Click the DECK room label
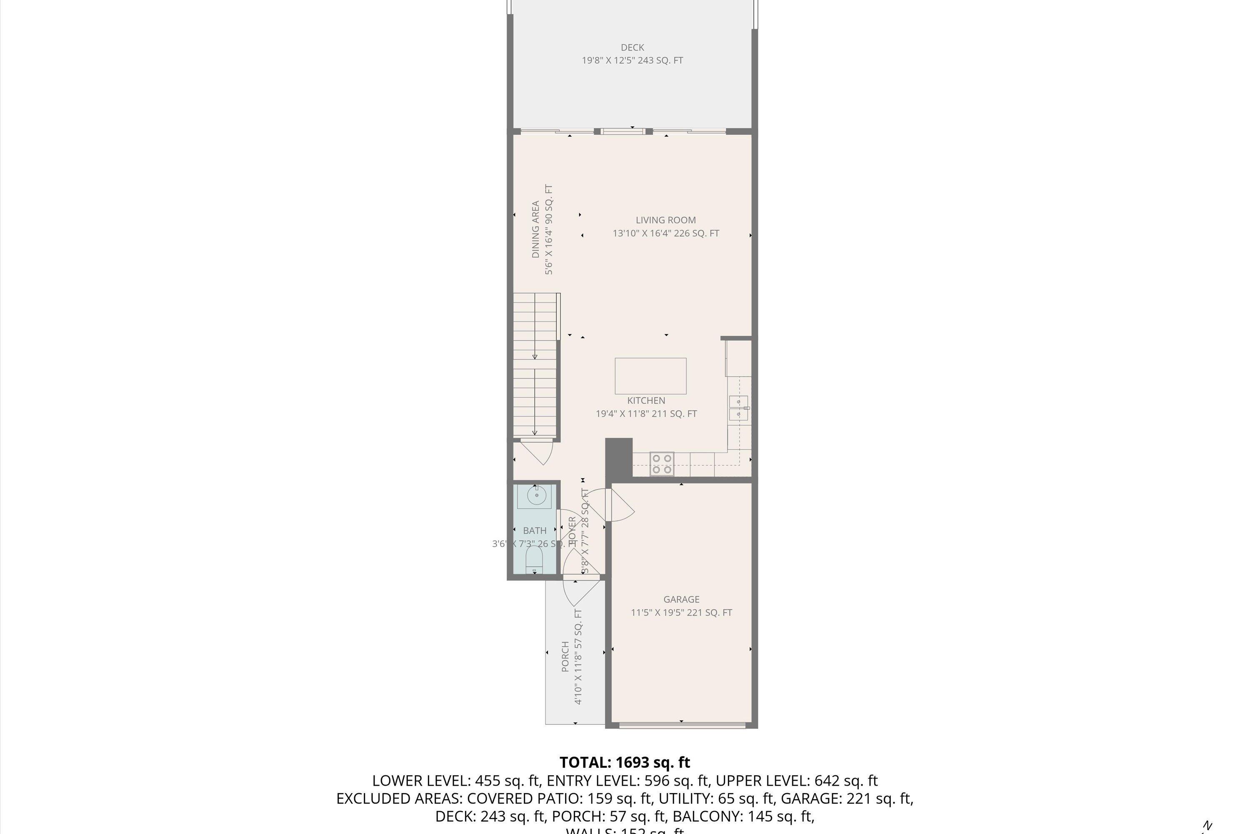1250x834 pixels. tap(632, 48)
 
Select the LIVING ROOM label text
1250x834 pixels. tap(665, 220)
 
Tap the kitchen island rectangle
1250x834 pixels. tap(650, 376)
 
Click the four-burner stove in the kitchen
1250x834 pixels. tap(662, 464)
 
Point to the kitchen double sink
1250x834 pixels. tap(739, 408)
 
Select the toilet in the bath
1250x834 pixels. tap(534, 560)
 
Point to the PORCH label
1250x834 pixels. tap(565, 656)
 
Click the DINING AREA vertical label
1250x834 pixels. tap(536, 229)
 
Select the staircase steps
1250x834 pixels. tap(535, 367)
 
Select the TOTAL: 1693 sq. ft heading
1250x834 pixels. tap(625, 763)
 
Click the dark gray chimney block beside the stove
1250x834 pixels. tap(619, 457)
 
